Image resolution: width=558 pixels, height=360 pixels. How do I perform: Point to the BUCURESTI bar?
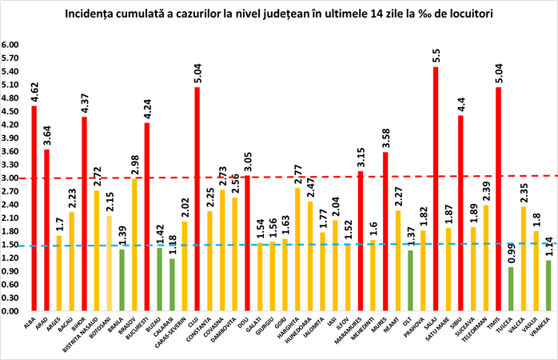tap(147, 216)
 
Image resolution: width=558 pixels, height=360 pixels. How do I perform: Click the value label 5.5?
tap(436, 55)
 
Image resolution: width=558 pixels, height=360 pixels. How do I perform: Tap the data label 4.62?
tap(34, 87)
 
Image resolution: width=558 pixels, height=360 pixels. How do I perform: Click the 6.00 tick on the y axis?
tap(10, 46)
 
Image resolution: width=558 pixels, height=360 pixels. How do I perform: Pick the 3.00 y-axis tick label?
tap(10, 178)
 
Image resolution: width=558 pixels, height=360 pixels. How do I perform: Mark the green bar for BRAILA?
tap(122, 280)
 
